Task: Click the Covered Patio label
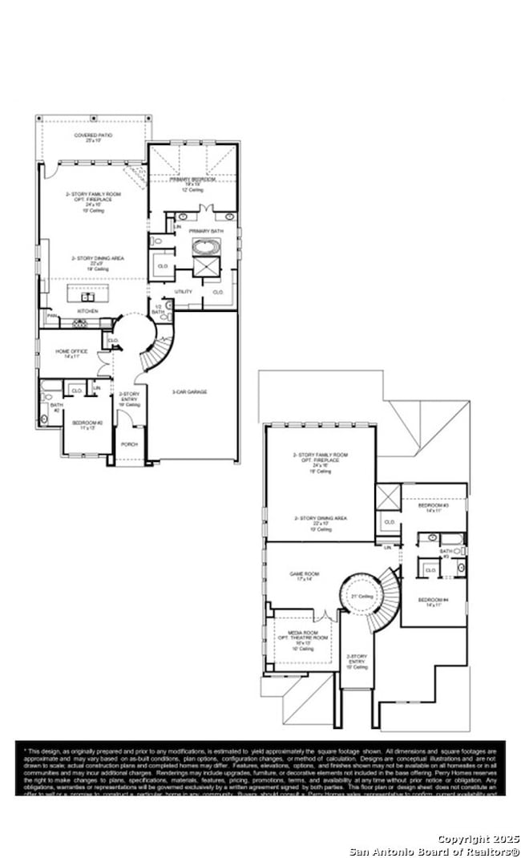pos(94,136)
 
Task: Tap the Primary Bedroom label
pos(192,179)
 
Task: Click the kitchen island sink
pos(88,296)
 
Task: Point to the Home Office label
pos(67,352)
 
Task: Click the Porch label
pos(129,443)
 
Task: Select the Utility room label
pos(184,291)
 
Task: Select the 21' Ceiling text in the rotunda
pos(361,596)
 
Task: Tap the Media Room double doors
pos(325,616)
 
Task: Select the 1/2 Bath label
pos(158,310)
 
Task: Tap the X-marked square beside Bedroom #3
pos(388,496)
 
